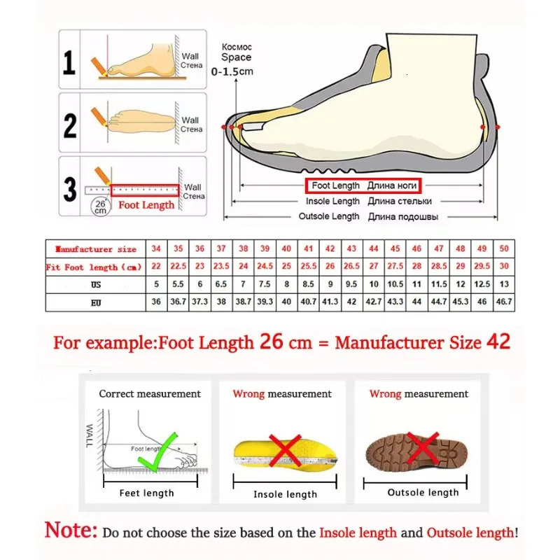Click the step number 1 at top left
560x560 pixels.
tap(69, 62)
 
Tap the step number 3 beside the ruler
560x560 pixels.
tap(70, 189)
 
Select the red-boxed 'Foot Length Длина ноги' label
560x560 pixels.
tap(363, 185)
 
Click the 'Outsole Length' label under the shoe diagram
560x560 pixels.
tap(328, 216)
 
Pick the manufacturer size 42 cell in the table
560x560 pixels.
tap(331, 248)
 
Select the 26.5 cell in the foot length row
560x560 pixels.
tap(352, 267)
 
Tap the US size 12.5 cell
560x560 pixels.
tap(482, 285)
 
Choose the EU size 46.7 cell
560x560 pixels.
tap(503, 303)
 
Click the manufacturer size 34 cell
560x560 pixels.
tap(157, 248)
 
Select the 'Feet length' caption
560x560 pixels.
tap(147, 493)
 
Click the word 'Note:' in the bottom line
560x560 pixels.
tap(71, 530)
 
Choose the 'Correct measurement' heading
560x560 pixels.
tap(149, 394)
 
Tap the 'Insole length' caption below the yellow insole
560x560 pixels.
tap(285, 494)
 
